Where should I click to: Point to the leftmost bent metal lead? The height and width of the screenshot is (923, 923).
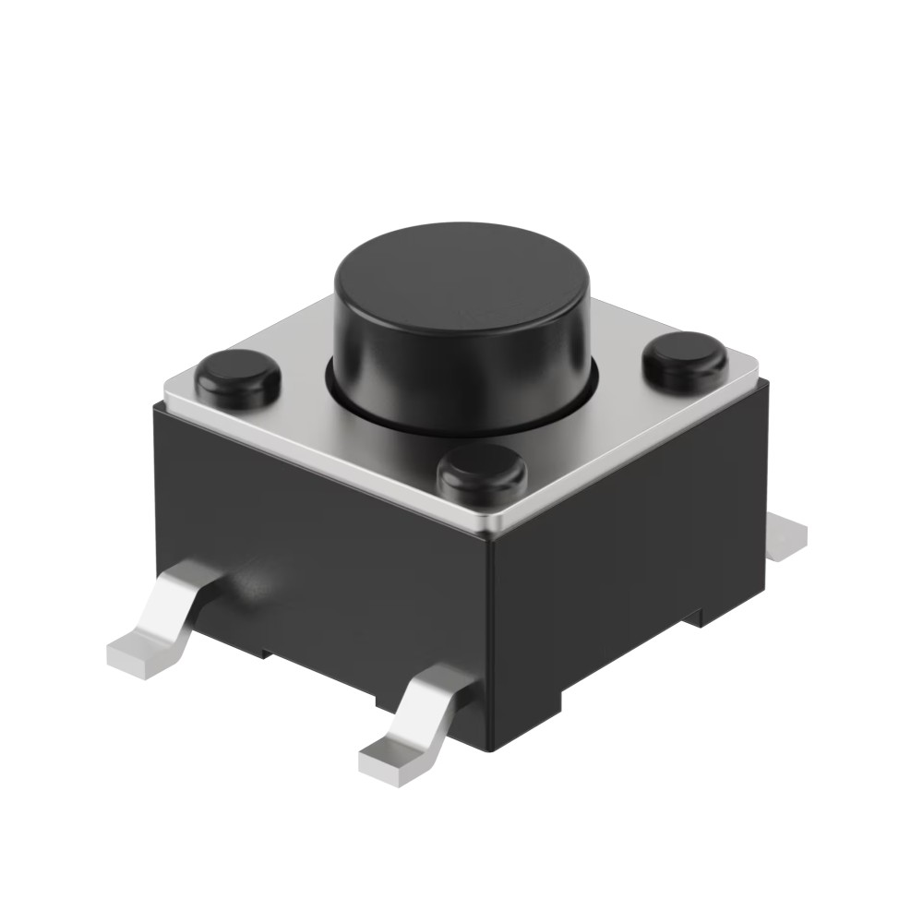point(162,618)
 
